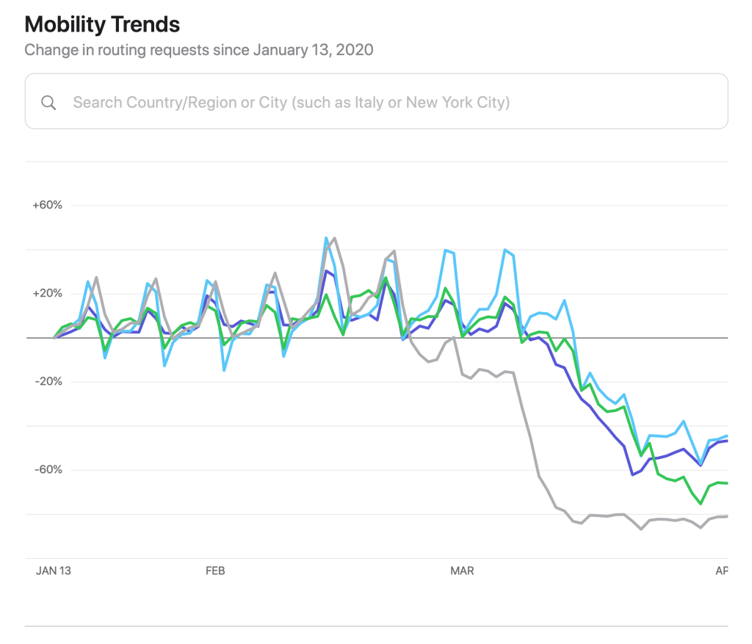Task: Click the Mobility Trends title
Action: pyautogui.click(x=102, y=24)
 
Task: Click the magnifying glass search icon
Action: pyautogui.click(x=48, y=102)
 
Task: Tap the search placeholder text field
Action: pyautogui.click(x=291, y=102)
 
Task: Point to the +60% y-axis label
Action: pyautogui.click(x=47, y=205)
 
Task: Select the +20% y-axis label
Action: pyautogui.click(x=47, y=293)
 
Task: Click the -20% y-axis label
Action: pyautogui.click(x=48, y=381)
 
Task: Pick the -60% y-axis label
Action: pyautogui.click(x=48, y=469)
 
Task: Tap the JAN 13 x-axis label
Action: pyautogui.click(x=53, y=571)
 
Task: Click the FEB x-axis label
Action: pyautogui.click(x=214, y=571)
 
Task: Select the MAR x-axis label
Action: pyautogui.click(x=462, y=571)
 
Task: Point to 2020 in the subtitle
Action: pyautogui.click(x=355, y=50)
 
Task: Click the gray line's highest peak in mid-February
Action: pyautogui.click(x=334, y=238)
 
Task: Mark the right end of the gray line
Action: pyautogui.click(x=726, y=516)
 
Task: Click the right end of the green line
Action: pyautogui.click(x=726, y=482)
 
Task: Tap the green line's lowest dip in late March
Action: pyautogui.click(x=701, y=504)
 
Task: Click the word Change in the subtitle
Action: pyautogui.click(x=48, y=50)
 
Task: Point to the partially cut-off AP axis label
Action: pyautogui.click(x=721, y=571)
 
